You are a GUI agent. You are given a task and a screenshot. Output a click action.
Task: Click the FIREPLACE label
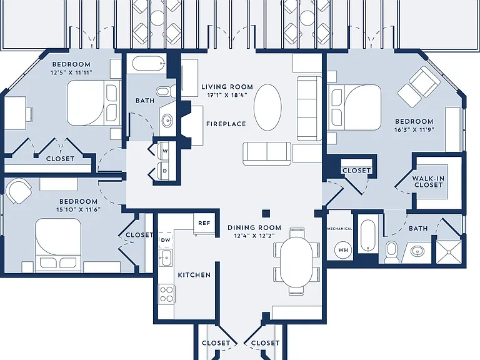click(226, 124)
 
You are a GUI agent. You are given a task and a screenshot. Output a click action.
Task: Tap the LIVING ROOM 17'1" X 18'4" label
click(227, 91)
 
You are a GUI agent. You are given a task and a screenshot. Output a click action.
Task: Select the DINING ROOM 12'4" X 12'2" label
click(254, 231)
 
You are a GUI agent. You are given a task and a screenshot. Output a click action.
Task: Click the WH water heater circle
click(343, 250)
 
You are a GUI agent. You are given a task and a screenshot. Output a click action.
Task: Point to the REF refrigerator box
click(204, 223)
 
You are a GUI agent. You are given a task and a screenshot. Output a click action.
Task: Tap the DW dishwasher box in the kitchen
click(166, 240)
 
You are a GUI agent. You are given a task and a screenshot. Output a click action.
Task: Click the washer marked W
click(164, 151)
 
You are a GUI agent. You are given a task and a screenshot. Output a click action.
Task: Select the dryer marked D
click(164, 171)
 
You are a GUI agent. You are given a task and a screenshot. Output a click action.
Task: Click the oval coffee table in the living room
click(267, 107)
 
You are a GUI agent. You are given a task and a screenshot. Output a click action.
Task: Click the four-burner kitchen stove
click(166, 294)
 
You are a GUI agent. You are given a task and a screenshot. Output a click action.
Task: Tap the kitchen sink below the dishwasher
click(166, 257)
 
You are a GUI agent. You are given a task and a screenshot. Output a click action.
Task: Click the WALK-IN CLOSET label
click(428, 181)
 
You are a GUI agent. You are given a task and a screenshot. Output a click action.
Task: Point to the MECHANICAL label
click(339, 229)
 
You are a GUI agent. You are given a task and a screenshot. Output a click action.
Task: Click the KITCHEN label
click(194, 275)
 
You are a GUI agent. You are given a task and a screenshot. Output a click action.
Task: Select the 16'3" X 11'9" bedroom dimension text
click(414, 129)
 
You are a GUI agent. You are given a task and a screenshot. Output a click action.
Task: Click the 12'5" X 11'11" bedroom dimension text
click(71, 72)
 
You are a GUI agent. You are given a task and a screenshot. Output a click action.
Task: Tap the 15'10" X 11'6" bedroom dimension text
click(78, 209)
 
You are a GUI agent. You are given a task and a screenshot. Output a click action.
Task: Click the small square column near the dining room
click(266, 213)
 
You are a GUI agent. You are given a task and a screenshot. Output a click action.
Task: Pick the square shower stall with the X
click(449, 252)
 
